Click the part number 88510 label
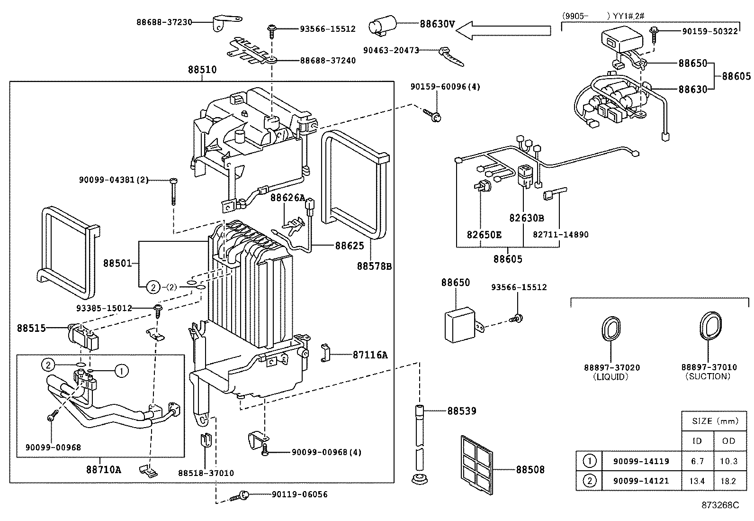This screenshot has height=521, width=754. (202, 70)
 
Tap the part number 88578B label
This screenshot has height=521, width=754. (374, 266)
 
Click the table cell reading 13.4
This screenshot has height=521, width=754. (697, 481)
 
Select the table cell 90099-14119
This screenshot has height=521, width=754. (641, 461)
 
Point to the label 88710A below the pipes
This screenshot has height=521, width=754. (103, 470)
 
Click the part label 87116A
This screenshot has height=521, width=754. (370, 355)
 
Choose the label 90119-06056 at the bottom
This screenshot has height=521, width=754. (299, 494)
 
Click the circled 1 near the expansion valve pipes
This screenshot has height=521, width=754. (122, 371)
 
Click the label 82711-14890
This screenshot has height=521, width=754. (560, 235)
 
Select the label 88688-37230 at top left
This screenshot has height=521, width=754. (164, 22)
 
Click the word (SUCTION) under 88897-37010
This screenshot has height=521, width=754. (708, 376)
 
